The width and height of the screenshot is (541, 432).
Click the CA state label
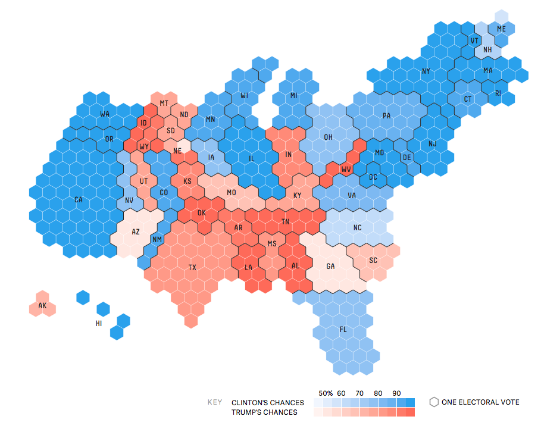coord(79,200)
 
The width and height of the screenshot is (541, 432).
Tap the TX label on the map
coord(192,267)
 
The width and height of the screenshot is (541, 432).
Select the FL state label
coord(343,329)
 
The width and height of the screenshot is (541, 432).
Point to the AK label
coord(42,306)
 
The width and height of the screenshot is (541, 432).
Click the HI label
coord(99,324)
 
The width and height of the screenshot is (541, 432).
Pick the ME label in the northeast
coord(501,29)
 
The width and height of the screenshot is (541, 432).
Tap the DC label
coord(373,177)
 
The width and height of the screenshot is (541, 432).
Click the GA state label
coord(330,267)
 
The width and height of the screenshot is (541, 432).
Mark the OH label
coord(328,137)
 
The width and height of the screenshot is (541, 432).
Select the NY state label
coord(426,71)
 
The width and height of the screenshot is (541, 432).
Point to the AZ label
coord(136,231)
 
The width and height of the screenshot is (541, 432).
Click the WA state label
coord(105,114)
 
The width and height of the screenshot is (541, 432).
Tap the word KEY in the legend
coord(215,402)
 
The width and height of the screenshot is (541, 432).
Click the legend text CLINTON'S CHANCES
coord(267,403)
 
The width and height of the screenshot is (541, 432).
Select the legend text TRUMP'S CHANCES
coord(264,412)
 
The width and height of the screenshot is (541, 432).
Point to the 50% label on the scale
coord(326,393)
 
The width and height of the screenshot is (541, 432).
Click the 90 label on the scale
coord(396,393)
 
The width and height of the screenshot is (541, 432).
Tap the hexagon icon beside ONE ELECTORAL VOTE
coord(434,402)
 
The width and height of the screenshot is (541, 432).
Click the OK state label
coord(201,212)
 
